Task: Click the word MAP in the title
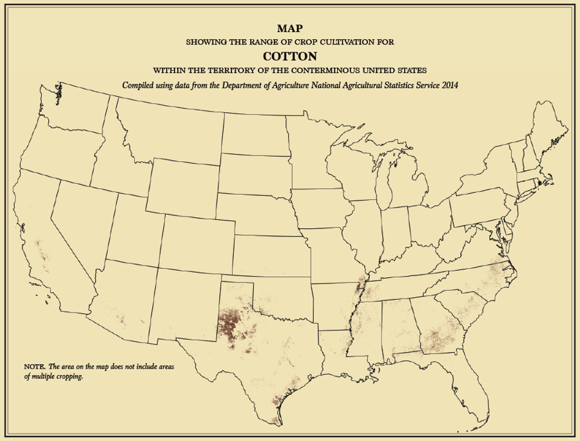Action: (289, 28)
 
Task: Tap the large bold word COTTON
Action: (289, 55)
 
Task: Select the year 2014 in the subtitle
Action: (449, 85)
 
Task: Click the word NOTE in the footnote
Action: (34, 366)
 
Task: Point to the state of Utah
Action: (131, 230)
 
